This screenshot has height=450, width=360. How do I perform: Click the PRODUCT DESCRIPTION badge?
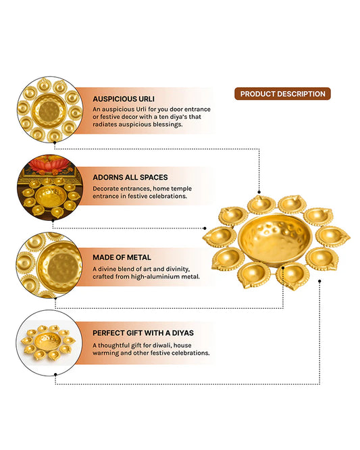pos(282,94)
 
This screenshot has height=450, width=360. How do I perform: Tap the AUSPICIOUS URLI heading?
pos(124,99)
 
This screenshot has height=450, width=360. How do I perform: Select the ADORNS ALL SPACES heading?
pos(130,177)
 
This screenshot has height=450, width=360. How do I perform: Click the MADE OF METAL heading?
pos(122,257)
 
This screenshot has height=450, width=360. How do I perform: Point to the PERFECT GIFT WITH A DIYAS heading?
pos(143,333)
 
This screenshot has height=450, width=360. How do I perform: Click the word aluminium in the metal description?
pos(173,276)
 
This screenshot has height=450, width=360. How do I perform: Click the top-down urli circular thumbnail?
pos(50,109)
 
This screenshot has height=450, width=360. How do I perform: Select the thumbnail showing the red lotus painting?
pos(50,188)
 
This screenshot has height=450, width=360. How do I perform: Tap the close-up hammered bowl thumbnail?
pos(49,265)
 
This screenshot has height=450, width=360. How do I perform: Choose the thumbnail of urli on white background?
pos(49,343)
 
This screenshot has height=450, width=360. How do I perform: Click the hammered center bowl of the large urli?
pos(275,239)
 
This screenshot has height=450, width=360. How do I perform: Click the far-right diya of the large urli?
pos(333,237)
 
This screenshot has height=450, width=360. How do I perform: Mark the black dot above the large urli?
pos(259,192)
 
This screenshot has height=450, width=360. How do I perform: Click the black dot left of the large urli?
pos(205,228)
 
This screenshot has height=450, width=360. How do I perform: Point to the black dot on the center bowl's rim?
pos(283,268)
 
